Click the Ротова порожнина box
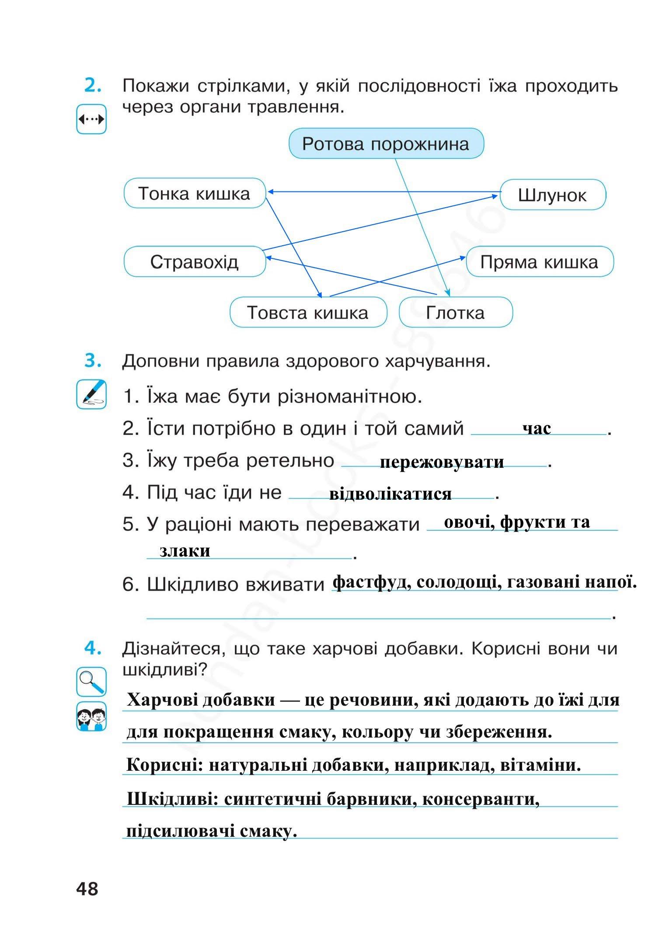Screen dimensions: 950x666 [386, 144]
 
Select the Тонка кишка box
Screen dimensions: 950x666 [195, 193]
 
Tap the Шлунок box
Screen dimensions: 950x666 [552, 195]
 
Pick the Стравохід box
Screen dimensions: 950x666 [195, 262]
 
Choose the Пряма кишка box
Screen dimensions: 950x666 [539, 262]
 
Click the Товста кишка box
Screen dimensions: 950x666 [308, 313]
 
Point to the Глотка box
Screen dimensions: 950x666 [455, 313]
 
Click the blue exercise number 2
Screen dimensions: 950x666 [93, 85]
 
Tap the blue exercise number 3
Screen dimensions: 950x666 [93, 361]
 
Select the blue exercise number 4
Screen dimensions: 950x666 [93, 648]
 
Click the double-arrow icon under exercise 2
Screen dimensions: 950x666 [91, 119]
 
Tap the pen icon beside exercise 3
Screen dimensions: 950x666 [91, 394]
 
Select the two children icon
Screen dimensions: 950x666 [91, 716]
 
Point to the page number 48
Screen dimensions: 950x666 [87, 889]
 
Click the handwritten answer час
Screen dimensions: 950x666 [537, 428]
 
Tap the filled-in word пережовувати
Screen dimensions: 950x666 [442, 462]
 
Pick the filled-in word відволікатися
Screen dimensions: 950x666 [390, 494]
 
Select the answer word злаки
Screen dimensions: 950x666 [185, 551]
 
